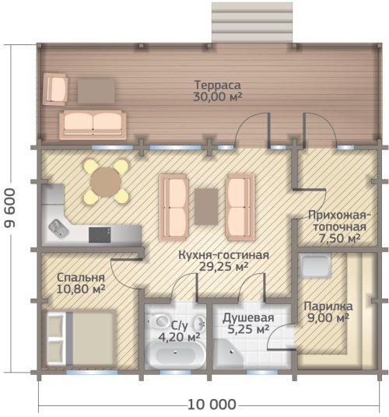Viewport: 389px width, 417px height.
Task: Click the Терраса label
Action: pos(218,85)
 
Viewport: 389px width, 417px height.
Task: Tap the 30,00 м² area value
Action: pos(218,96)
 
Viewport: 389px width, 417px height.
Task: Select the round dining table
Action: pos(106,182)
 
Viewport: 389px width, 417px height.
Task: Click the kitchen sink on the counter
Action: pos(58,228)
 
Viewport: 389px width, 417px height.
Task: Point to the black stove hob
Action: pos(100,235)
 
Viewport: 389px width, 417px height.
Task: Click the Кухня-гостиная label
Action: pos(223,254)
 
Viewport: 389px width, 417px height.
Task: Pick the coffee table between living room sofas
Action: pos(206,206)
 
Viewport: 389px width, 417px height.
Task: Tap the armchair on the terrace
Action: pos(55,89)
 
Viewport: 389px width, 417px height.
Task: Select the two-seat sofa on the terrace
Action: pos(93,124)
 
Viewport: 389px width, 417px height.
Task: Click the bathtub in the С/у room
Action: pos(176,354)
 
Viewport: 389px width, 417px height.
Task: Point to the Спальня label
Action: pos(81,278)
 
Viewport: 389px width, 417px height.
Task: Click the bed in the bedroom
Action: pos(81,338)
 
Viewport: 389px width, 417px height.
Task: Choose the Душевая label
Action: pos(248,317)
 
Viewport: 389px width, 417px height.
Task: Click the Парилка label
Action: pos(328,306)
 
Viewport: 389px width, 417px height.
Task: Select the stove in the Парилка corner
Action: pos(314,265)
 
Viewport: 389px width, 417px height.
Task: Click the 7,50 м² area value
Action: pos(339,238)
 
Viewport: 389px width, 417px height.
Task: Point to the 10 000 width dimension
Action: pos(212,405)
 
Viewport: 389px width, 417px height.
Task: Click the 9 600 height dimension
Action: pos(10,208)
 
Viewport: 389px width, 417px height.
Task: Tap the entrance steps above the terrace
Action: pos(252,22)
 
